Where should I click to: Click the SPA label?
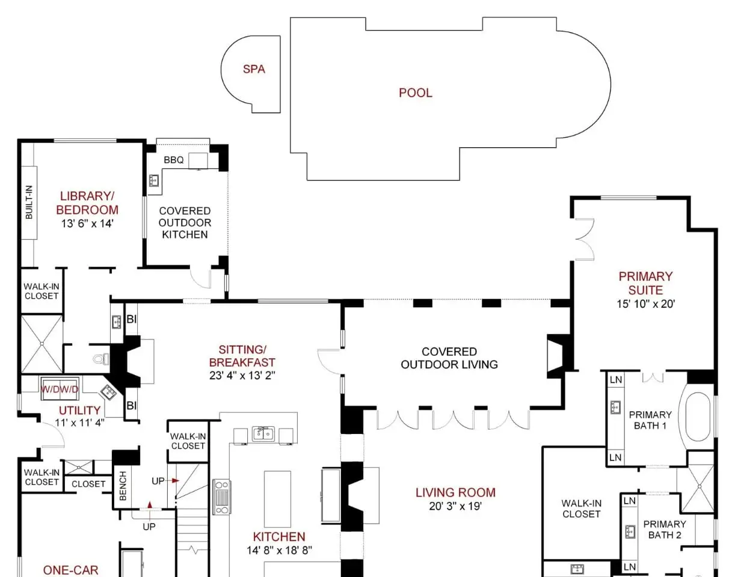tap(254, 69)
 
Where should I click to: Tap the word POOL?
tap(416, 93)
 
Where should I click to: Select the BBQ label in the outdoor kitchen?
tap(173, 160)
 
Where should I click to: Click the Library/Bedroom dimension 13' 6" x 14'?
tap(87, 224)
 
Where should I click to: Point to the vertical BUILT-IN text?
tap(29, 202)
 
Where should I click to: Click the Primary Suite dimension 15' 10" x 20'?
tap(646, 304)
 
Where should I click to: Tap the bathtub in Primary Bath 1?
tap(698, 416)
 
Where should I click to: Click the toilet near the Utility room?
tap(102, 359)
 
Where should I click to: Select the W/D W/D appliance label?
tap(60, 389)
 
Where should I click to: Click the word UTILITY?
tap(80, 411)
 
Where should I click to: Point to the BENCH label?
tap(123, 486)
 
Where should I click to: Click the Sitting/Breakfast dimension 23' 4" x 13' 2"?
tap(242, 375)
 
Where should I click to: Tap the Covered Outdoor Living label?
tap(449, 358)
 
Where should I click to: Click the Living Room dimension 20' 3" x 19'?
tap(455, 506)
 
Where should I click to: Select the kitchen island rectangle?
tap(277, 499)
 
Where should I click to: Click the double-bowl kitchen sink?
tap(263, 434)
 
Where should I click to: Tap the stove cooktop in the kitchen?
tap(222, 496)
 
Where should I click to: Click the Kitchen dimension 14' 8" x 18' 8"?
tap(280, 551)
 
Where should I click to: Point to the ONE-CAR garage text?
tap(71, 570)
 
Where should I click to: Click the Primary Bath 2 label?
tap(665, 530)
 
